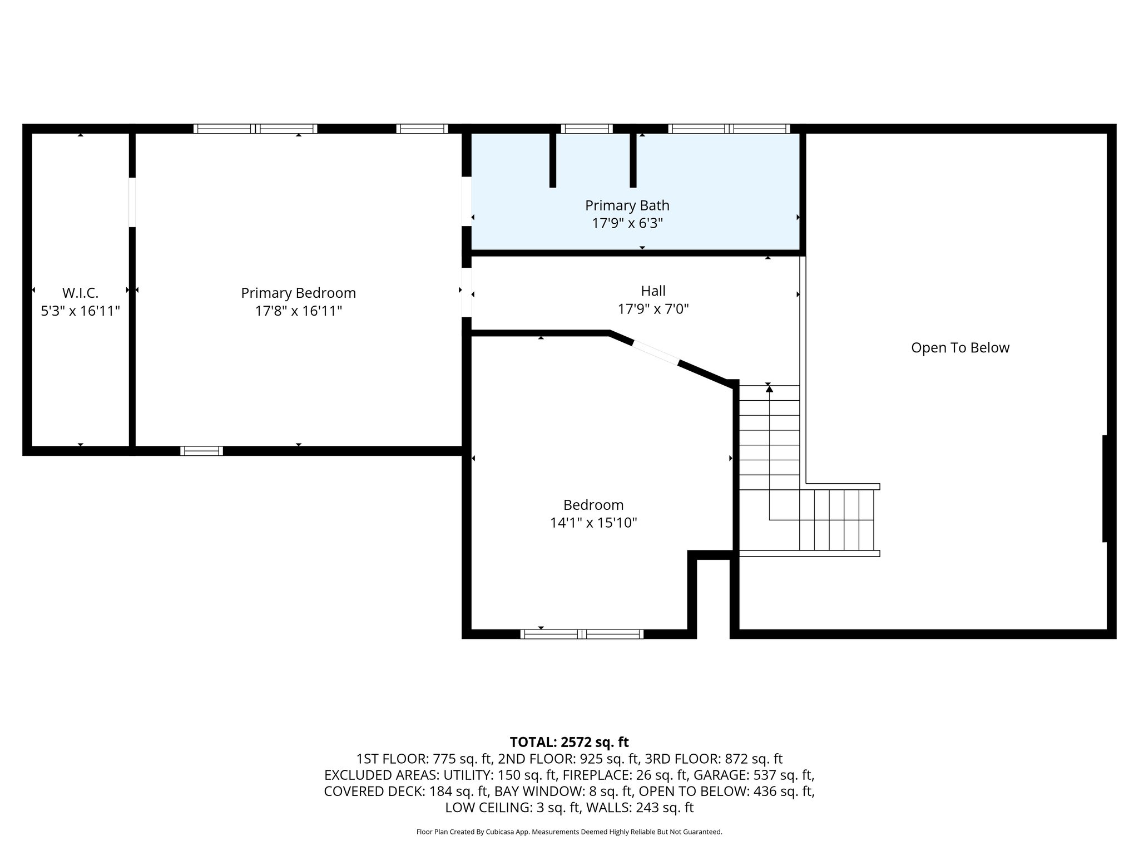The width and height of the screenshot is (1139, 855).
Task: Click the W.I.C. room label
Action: pyautogui.click(x=80, y=293)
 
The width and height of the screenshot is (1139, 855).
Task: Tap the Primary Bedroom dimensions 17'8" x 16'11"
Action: pyautogui.click(x=298, y=311)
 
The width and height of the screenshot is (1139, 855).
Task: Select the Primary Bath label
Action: pyautogui.click(x=627, y=205)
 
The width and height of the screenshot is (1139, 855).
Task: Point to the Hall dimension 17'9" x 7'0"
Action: pyautogui.click(x=653, y=309)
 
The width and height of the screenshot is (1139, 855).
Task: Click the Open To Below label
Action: pyautogui.click(x=960, y=348)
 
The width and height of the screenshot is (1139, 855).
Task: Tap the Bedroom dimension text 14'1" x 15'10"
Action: pyautogui.click(x=593, y=523)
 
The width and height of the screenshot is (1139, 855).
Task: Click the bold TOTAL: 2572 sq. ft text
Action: pyautogui.click(x=569, y=742)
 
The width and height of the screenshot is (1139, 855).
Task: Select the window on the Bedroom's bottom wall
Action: pyautogui.click(x=582, y=633)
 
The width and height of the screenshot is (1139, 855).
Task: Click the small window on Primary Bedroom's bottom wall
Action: pyautogui.click(x=201, y=451)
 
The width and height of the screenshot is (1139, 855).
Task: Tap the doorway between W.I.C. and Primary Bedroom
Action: pyautogui.click(x=132, y=202)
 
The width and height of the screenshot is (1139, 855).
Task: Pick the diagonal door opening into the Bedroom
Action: pyautogui.click(x=655, y=353)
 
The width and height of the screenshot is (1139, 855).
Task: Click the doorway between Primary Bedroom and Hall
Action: pyautogui.click(x=467, y=292)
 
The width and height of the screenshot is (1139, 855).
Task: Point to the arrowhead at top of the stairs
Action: pyautogui.click(x=769, y=389)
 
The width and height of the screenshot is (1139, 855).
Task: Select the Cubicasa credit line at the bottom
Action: pyautogui.click(x=569, y=832)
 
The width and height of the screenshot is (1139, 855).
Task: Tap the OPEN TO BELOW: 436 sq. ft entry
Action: pyautogui.click(x=726, y=791)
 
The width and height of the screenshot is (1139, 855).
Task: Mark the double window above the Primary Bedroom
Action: pyautogui.click(x=255, y=129)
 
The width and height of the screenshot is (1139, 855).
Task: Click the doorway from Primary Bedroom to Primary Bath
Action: pyautogui.click(x=467, y=202)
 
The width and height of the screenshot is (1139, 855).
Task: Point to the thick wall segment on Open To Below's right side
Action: pyautogui.click(x=1105, y=488)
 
